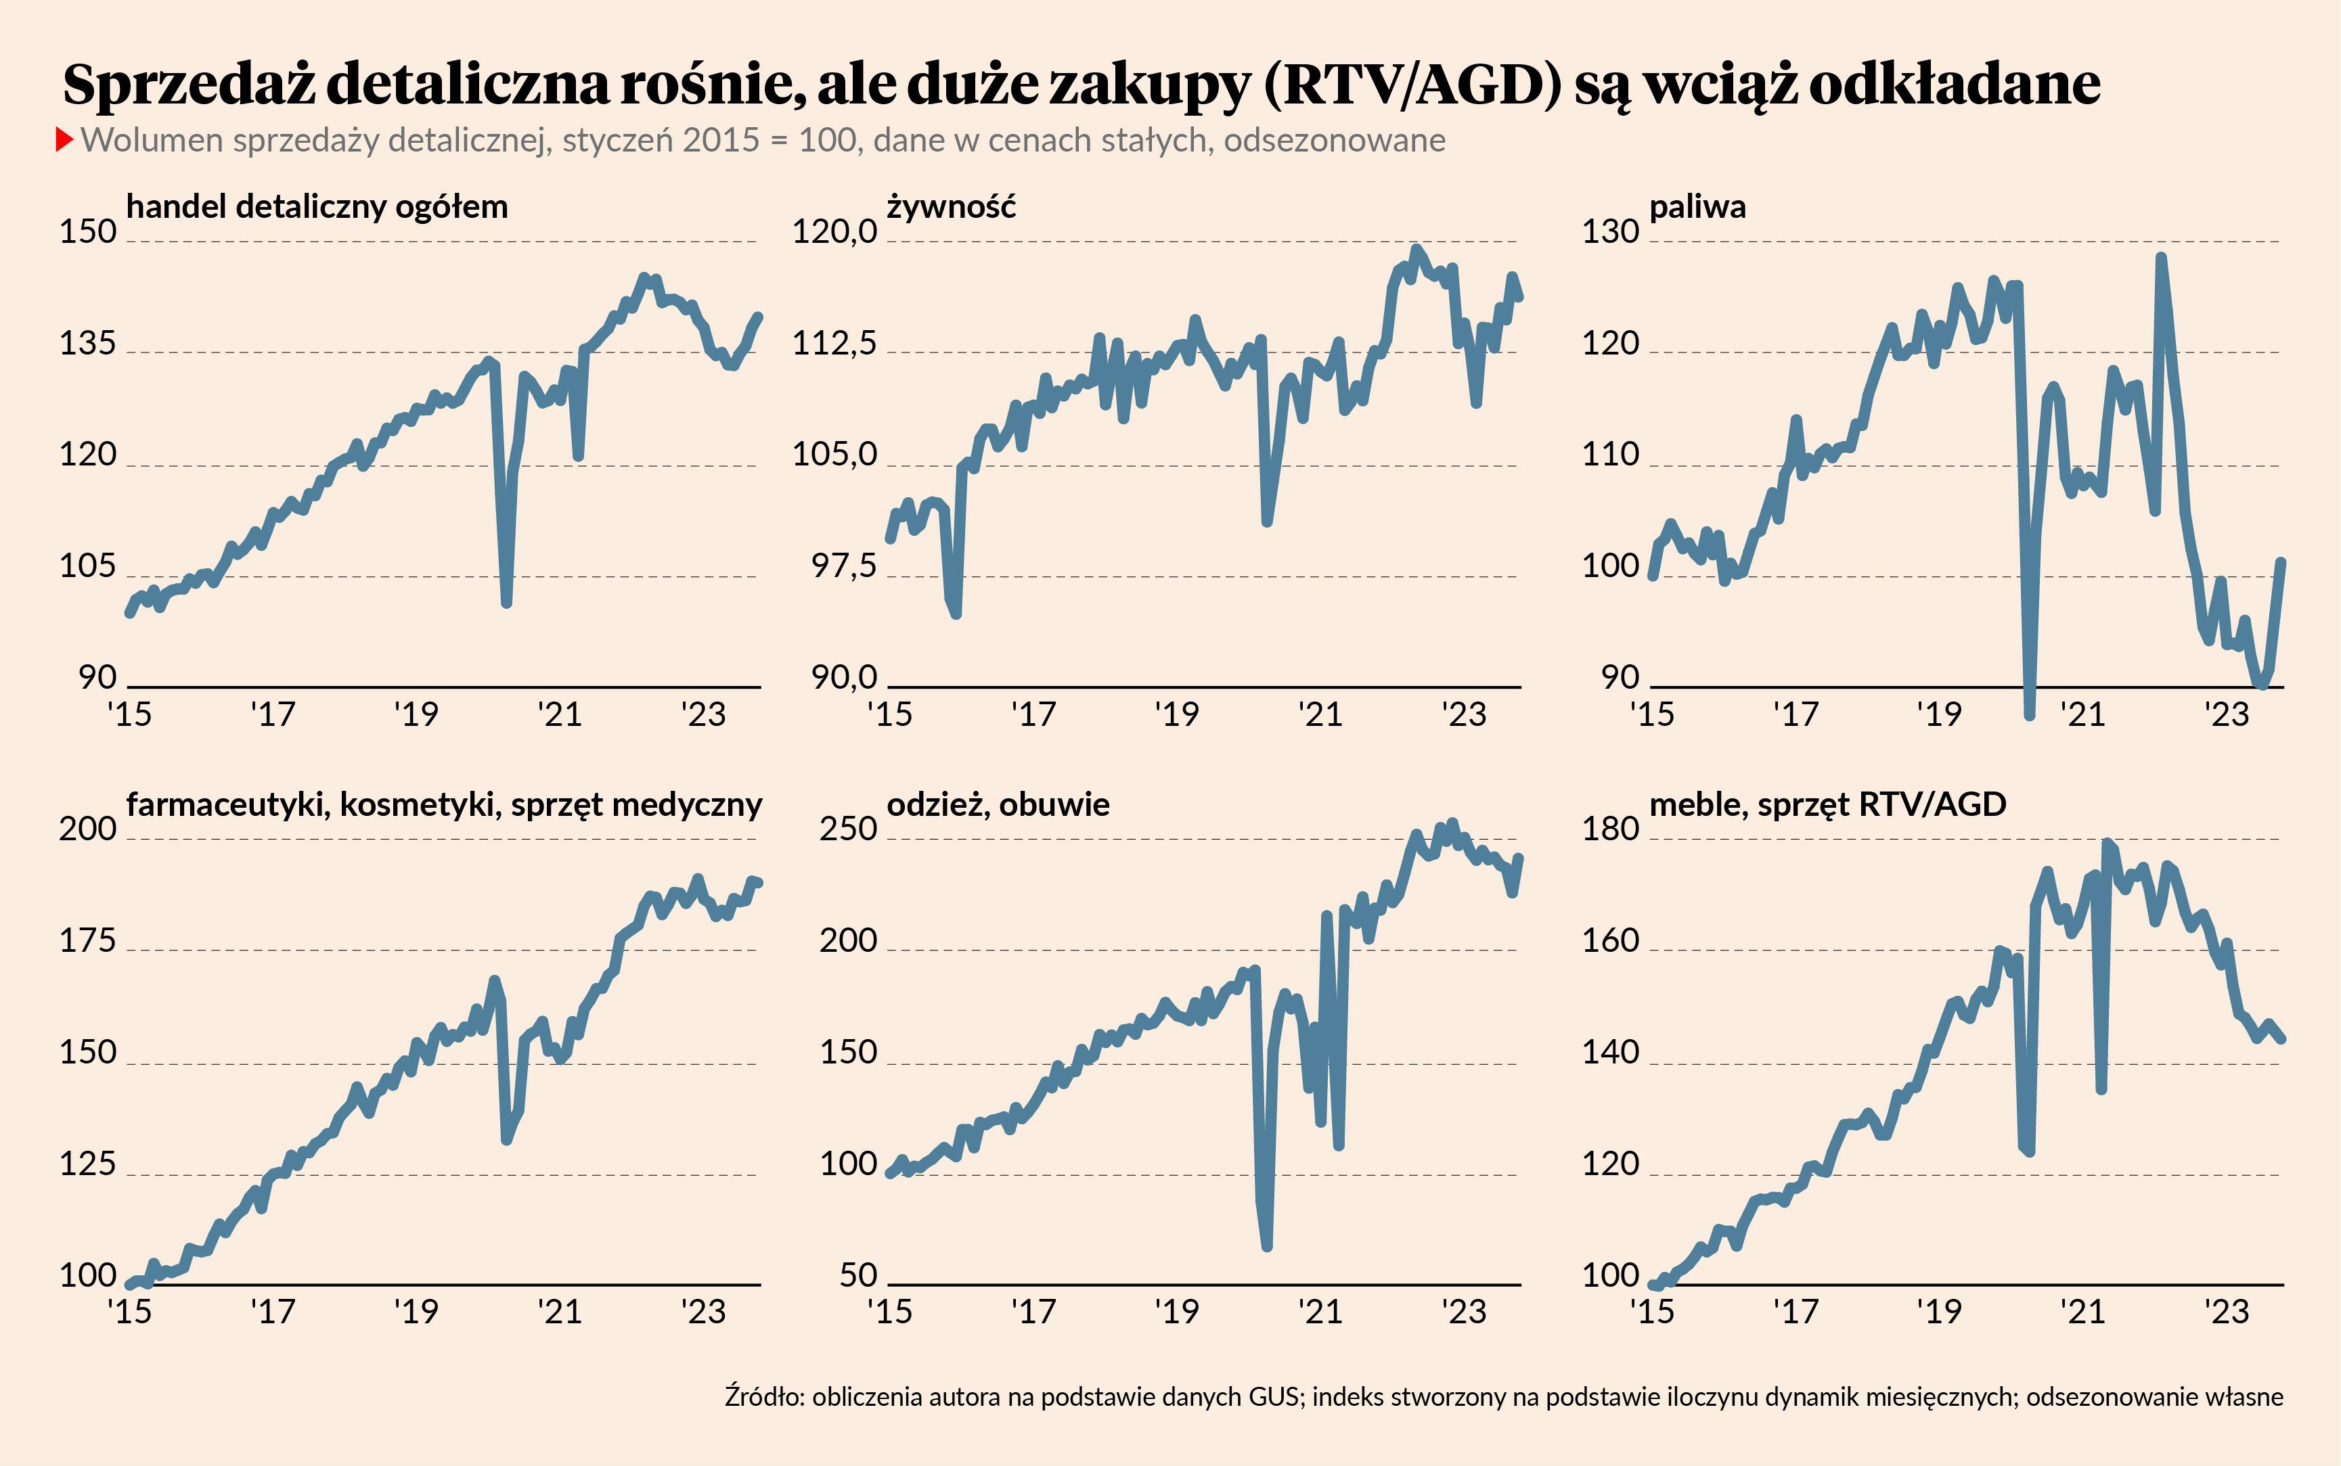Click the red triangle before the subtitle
tap(65, 139)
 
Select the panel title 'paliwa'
tap(1697, 206)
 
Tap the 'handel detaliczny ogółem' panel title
tap(317, 206)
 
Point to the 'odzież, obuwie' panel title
tap(998, 804)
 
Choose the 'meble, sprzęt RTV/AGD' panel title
tap(1827, 804)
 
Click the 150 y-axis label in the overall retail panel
tap(87, 232)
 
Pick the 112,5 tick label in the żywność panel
tap(834, 343)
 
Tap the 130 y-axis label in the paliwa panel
tap(1610, 232)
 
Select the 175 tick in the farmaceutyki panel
tap(87, 940)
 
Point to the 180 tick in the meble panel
tap(1610, 829)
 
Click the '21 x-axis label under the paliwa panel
tap(2082, 714)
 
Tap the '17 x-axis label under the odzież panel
tap(1033, 1312)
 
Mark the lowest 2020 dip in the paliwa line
tap(2030, 714)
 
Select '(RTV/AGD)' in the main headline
tap(1413, 85)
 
